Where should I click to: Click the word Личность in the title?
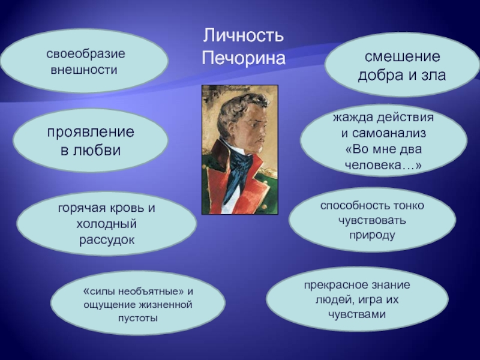pyautogui.click(x=244, y=35)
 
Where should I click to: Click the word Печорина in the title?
pyautogui.click(x=244, y=58)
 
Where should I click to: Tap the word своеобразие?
pyautogui.click(x=86, y=53)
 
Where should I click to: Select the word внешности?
pyautogui.click(x=84, y=70)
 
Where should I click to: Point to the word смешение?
pyautogui.click(x=402, y=56)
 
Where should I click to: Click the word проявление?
pyautogui.click(x=91, y=132)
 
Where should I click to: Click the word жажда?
pyautogui.click(x=352, y=118)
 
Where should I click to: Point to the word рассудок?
pyautogui.click(x=107, y=240)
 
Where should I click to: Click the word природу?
pyautogui.click(x=372, y=235)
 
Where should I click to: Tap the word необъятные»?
pyautogui.click(x=151, y=291)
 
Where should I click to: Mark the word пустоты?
pyautogui.click(x=138, y=318)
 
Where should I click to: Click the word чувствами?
pyautogui.click(x=356, y=314)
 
